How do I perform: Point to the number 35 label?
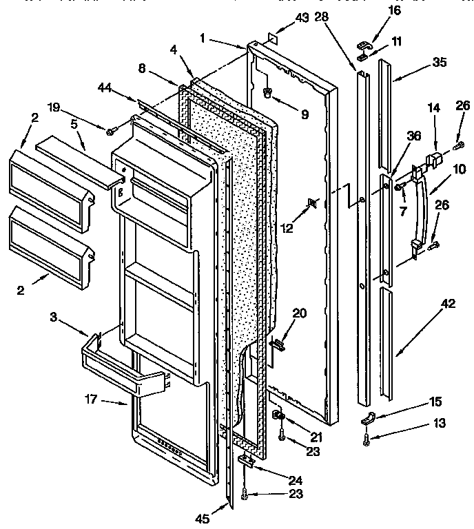440,62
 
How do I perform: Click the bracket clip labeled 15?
368,418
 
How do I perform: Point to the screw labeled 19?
110,129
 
